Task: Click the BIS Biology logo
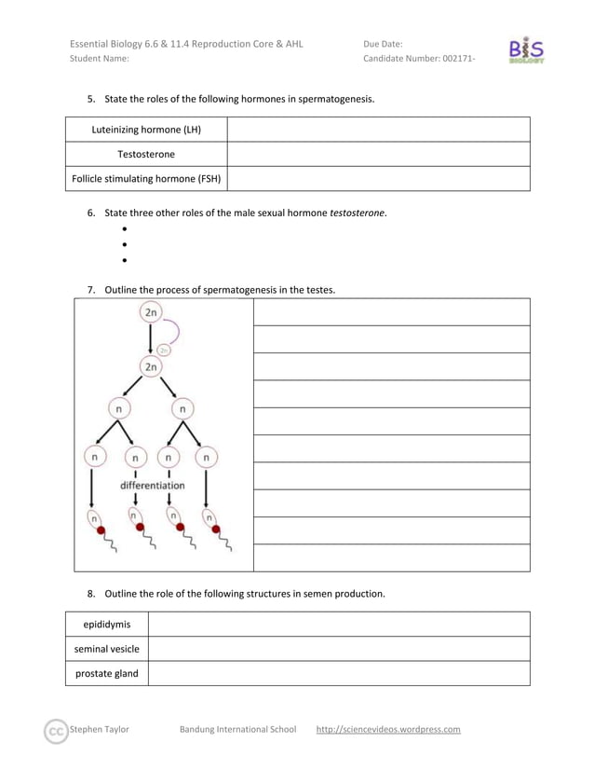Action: tap(526, 50)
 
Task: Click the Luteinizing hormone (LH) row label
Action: tap(146, 130)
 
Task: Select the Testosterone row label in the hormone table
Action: tap(146, 154)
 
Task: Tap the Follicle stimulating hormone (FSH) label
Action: tap(146, 178)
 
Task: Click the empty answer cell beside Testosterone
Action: tap(378, 154)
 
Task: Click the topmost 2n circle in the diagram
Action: tap(150, 312)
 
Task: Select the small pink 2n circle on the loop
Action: tap(163, 351)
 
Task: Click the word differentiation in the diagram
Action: tap(152, 486)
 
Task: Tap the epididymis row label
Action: tap(107, 624)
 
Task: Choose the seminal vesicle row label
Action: tap(107, 649)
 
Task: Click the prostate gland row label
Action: tap(107, 673)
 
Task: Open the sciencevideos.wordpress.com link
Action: tap(388, 729)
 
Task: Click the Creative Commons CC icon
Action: tap(58, 730)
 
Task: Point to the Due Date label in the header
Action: tap(383, 43)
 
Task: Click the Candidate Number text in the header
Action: tap(418, 59)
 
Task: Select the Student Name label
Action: tap(100, 59)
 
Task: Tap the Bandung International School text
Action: tap(237, 729)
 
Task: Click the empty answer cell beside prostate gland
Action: tap(339, 673)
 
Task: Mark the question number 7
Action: tap(91, 290)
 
